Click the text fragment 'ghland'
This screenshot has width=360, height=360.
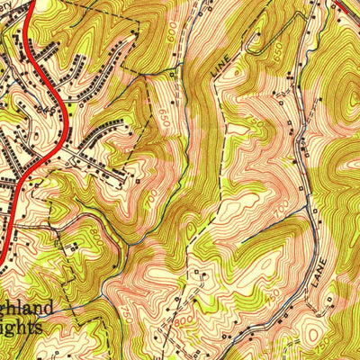click(x=27, y=309)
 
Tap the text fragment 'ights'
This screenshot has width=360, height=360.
click(x=22, y=328)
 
